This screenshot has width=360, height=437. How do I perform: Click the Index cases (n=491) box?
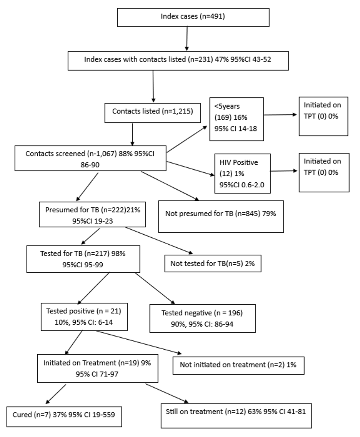193,17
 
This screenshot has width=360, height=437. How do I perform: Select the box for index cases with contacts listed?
178,60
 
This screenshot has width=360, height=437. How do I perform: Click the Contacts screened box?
90,158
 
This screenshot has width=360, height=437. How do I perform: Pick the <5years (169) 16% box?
236,119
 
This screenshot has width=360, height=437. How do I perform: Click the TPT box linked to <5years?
323,116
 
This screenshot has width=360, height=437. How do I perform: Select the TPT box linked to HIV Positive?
323,172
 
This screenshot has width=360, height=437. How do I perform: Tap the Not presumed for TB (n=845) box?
221,216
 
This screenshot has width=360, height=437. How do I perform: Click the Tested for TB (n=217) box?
83,259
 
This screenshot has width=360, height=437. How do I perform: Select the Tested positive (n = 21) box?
84,316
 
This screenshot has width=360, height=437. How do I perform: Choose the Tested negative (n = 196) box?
202,318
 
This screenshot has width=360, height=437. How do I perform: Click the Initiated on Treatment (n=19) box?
97,367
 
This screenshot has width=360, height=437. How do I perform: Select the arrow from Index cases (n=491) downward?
187,38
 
